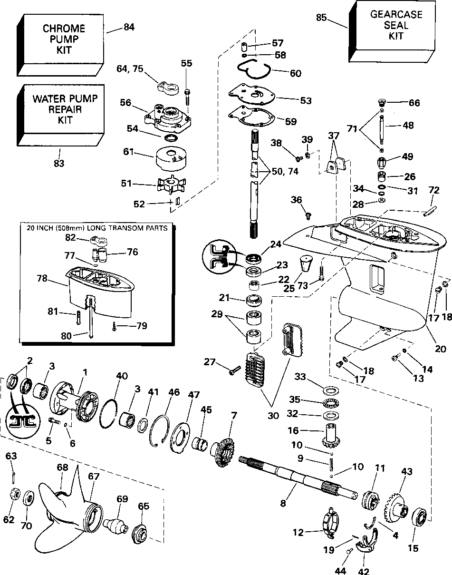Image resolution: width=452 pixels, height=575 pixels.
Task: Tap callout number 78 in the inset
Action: click(42, 279)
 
